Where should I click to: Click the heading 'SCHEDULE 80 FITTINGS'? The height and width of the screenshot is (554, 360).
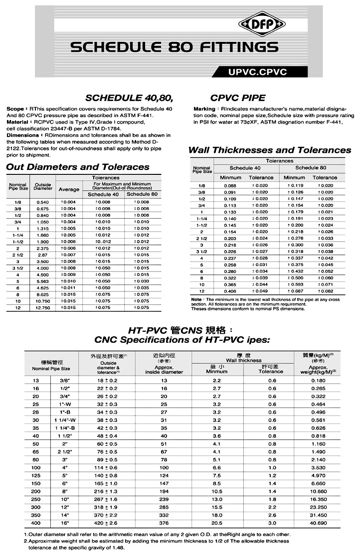click(174, 47)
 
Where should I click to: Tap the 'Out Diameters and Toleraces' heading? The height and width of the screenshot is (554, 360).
click(78, 167)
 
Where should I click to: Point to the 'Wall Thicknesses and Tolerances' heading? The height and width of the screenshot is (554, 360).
click(270, 150)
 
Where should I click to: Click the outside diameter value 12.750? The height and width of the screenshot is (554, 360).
click(43, 308)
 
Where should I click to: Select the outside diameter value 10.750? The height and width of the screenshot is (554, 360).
click(43, 301)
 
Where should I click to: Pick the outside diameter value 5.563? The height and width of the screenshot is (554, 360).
click(43, 281)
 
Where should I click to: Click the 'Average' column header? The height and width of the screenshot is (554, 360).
click(69, 189)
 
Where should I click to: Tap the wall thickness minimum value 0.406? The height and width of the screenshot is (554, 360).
click(230, 291)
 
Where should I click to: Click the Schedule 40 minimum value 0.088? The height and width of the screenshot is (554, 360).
click(230, 185)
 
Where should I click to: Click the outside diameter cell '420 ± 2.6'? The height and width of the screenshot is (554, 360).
click(107, 523)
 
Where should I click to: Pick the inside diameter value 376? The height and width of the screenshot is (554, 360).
click(164, 523)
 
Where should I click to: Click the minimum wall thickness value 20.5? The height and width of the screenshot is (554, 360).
click(216, 523)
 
